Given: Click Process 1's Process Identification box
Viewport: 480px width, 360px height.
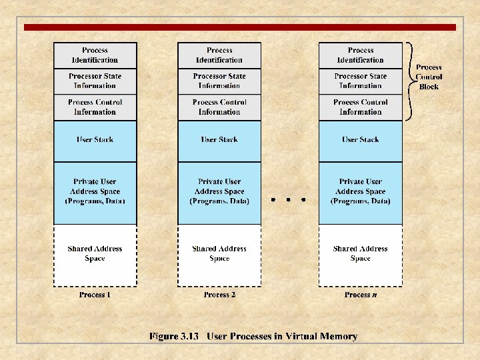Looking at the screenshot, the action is click(95, 55).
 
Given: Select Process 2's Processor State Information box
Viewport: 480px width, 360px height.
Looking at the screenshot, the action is click(219, 81).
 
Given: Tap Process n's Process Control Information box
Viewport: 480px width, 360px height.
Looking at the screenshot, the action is click(361, 107).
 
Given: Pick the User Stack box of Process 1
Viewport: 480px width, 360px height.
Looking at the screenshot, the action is click(95, 140).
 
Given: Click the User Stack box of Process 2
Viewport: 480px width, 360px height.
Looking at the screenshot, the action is click(219, 140).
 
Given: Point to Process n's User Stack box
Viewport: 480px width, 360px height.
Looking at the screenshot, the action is click(361, 140).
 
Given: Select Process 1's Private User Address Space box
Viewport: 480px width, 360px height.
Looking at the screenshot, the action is click(95, 191).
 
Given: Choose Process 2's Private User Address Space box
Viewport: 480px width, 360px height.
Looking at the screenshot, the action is click(219, 191).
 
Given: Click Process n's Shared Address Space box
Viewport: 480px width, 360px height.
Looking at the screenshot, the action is click(361, 254).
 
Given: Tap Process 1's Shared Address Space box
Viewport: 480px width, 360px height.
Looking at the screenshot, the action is click(95, 254).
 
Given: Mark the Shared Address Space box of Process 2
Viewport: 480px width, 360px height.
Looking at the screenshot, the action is click(219, 254).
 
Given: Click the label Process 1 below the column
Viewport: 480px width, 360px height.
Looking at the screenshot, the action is click(95, 295).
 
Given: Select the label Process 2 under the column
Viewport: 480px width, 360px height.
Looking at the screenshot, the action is click(219, 295).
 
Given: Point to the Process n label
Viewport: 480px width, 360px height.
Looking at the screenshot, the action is click(361, 295).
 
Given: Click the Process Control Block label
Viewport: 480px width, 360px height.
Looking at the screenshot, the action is click(429, 77).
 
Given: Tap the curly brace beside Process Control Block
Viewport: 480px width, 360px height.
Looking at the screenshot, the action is click(411, 81).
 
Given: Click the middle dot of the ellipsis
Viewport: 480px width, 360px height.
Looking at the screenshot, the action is click(287, 199).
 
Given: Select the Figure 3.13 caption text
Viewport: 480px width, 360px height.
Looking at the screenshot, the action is click(253, 337).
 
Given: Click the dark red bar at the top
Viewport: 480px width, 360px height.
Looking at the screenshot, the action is click(240, 27).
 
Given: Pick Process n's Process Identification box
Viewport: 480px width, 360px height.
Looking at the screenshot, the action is click(361, 55).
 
